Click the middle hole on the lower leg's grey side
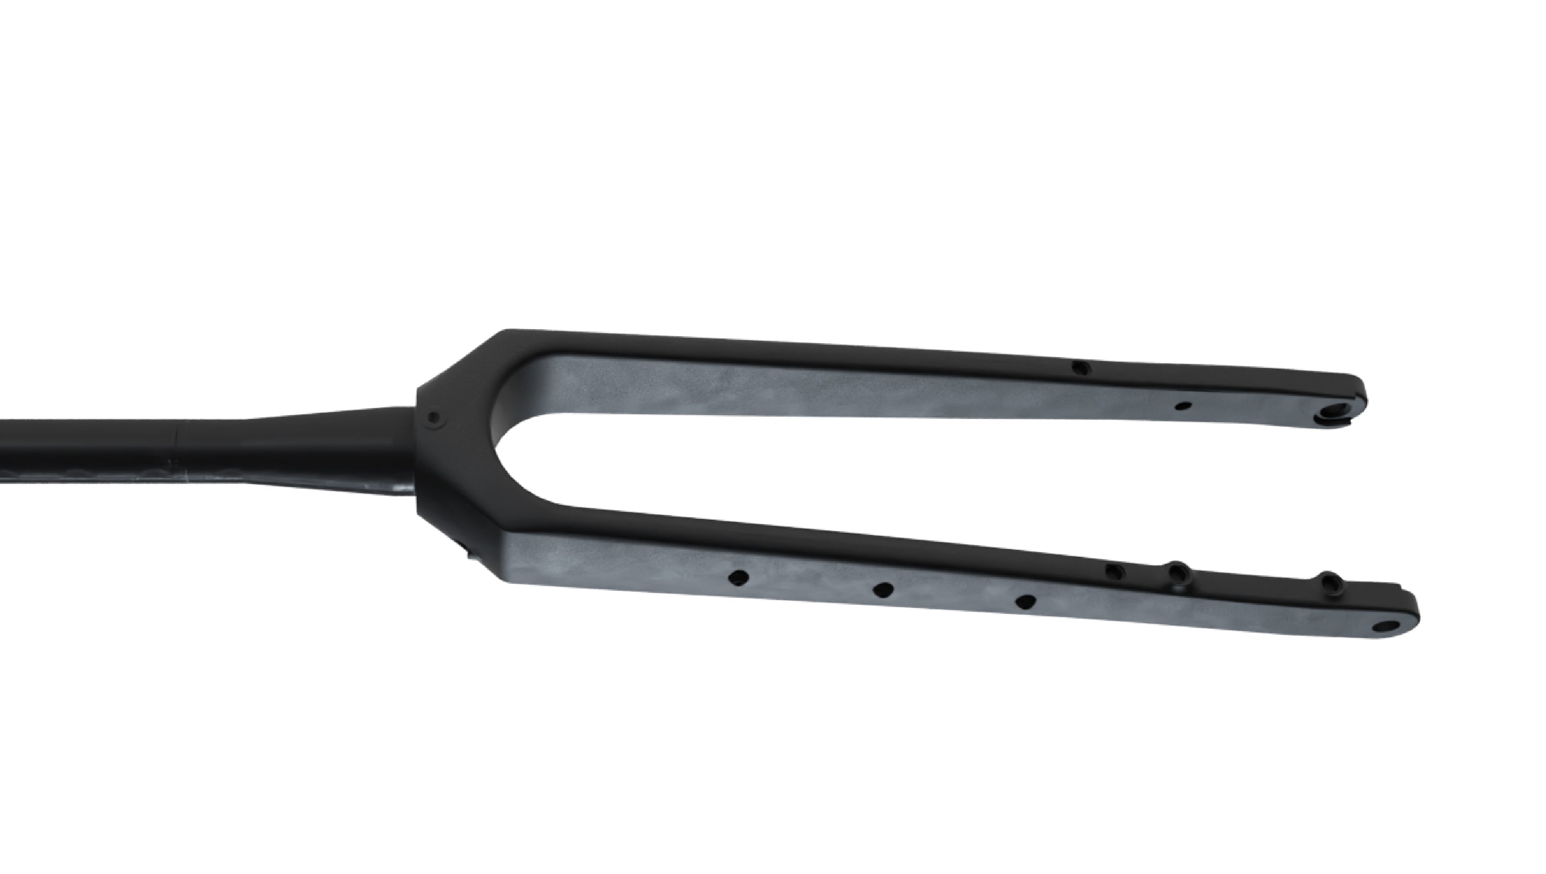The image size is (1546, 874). pos(882,590)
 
